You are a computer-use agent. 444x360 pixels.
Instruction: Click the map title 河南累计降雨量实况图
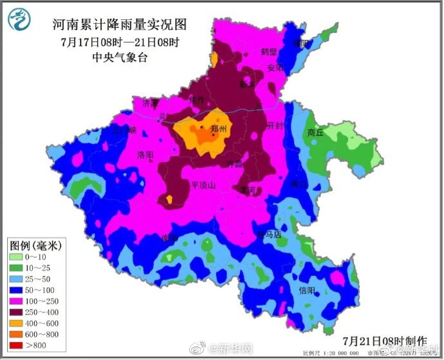point(119,25)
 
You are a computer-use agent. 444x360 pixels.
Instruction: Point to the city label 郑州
point(219,129)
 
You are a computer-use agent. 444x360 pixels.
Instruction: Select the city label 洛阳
point(145,155)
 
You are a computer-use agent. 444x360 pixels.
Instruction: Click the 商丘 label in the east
point(315,132)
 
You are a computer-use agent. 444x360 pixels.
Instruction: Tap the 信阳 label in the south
point(307,291)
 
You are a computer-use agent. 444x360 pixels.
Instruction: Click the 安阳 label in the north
point(275,67)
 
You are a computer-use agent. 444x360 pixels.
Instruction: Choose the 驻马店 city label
point(269,235)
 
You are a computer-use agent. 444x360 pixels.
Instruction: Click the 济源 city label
point(150,103)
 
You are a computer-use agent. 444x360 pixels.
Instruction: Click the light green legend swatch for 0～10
point(17,256)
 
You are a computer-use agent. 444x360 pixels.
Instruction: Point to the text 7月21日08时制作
point(385,340)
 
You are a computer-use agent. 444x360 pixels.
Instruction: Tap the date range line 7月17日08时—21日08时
point(119,42)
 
